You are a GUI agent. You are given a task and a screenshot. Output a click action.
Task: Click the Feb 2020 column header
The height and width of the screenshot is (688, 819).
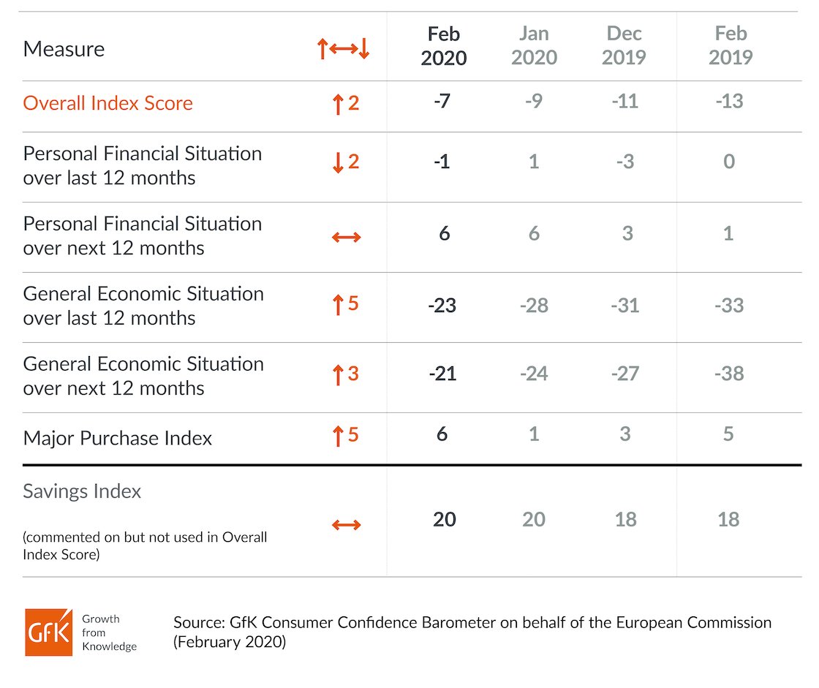[x=443, y=46]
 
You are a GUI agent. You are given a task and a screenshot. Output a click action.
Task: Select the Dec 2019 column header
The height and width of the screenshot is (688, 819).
[x=624, y=45]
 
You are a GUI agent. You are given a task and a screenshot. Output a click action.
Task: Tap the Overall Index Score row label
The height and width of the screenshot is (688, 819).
[x=107, y=103]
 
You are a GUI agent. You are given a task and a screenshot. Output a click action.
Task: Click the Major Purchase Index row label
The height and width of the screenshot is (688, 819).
[x=118, y=438]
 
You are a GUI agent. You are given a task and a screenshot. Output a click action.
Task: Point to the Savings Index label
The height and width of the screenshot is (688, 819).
[x=82, y=491]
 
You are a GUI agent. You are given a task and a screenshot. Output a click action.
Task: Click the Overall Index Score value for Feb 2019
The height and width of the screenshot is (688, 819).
[x=729, y=101]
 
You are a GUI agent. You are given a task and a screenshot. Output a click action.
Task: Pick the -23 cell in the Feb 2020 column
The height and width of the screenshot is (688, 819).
[x=442, y=305]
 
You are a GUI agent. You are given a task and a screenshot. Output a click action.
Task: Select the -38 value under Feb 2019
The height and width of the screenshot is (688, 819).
[x=729, y=374]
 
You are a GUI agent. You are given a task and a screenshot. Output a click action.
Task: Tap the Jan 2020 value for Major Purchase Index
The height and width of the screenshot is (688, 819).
[x=534, y=434]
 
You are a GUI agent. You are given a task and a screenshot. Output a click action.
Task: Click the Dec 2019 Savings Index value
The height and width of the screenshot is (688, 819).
[x=625, y=519]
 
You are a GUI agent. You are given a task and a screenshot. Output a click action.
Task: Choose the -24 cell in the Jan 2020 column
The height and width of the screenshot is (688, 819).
[x=534, y=374]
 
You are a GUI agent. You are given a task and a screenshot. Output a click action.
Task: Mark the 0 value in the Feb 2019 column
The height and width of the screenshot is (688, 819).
[x=729, y=162]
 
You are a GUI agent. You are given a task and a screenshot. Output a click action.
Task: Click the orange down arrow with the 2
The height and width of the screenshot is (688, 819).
[x=346, y=162]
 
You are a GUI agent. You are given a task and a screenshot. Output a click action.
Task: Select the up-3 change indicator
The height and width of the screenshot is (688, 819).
[x=346, y=374]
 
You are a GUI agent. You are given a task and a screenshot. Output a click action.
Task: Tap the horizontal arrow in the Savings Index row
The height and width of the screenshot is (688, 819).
[x=347, y=524]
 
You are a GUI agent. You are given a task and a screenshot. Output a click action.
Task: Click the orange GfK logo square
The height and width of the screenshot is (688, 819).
[x=48, y=632]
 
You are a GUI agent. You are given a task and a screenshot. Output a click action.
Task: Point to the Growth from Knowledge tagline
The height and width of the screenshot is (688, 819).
[x=109, y=632]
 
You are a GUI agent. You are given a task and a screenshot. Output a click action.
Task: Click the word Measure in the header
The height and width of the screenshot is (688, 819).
[x=64, y=49]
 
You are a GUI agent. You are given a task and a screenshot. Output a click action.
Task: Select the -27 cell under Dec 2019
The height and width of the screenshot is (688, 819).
[x=625, y=374]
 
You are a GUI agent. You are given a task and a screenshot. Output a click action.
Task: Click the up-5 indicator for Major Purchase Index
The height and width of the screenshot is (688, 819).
[x=346, y=435]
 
